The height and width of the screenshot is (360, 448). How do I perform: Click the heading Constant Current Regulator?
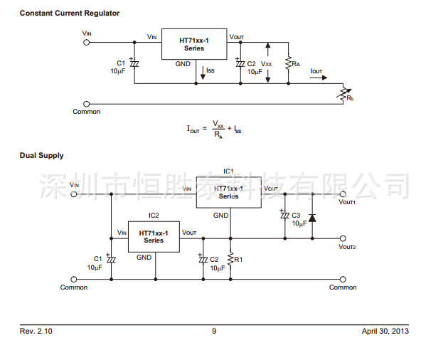(69, 14)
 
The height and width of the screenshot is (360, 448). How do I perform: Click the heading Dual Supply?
(41, 155)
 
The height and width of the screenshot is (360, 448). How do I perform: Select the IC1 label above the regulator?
(228, 171)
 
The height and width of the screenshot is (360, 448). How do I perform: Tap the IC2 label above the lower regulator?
(154, 215)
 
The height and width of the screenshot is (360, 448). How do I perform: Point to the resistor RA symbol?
(288, 64)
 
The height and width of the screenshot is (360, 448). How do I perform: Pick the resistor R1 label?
(238, 260)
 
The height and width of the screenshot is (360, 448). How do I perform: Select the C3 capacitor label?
(296, 215)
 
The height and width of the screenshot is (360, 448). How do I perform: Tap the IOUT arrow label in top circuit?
(316, 71)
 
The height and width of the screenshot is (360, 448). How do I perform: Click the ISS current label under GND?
(210, 70)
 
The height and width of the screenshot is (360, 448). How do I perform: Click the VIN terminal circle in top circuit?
(87, 41)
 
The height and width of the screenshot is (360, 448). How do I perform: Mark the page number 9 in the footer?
(214, 332)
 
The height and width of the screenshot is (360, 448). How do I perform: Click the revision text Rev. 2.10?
(36, 332)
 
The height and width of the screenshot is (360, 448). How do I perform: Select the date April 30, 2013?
(385, 332)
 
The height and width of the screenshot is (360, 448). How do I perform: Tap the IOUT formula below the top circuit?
(214, 129)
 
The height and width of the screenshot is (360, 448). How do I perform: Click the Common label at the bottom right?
(343, 287)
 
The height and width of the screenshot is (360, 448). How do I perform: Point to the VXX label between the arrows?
(266, 64)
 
